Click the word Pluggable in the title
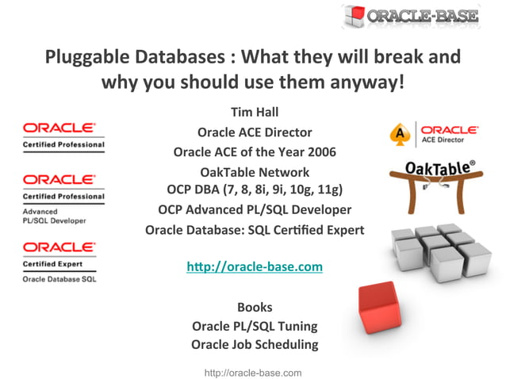coord(84,58)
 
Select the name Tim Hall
coord(255,113)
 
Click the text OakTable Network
coord(255,171)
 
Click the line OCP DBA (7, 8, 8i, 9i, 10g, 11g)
coord(255,189)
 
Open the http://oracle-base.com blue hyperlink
coord(255,266)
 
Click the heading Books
coord(255,306)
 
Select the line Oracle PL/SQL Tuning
coord(255,325)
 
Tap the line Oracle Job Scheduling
coord(255,344)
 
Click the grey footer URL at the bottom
coord(253,372)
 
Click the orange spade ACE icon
coord(402,134)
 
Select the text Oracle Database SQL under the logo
coord(59,279)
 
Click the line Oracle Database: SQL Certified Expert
coord(255,230)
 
